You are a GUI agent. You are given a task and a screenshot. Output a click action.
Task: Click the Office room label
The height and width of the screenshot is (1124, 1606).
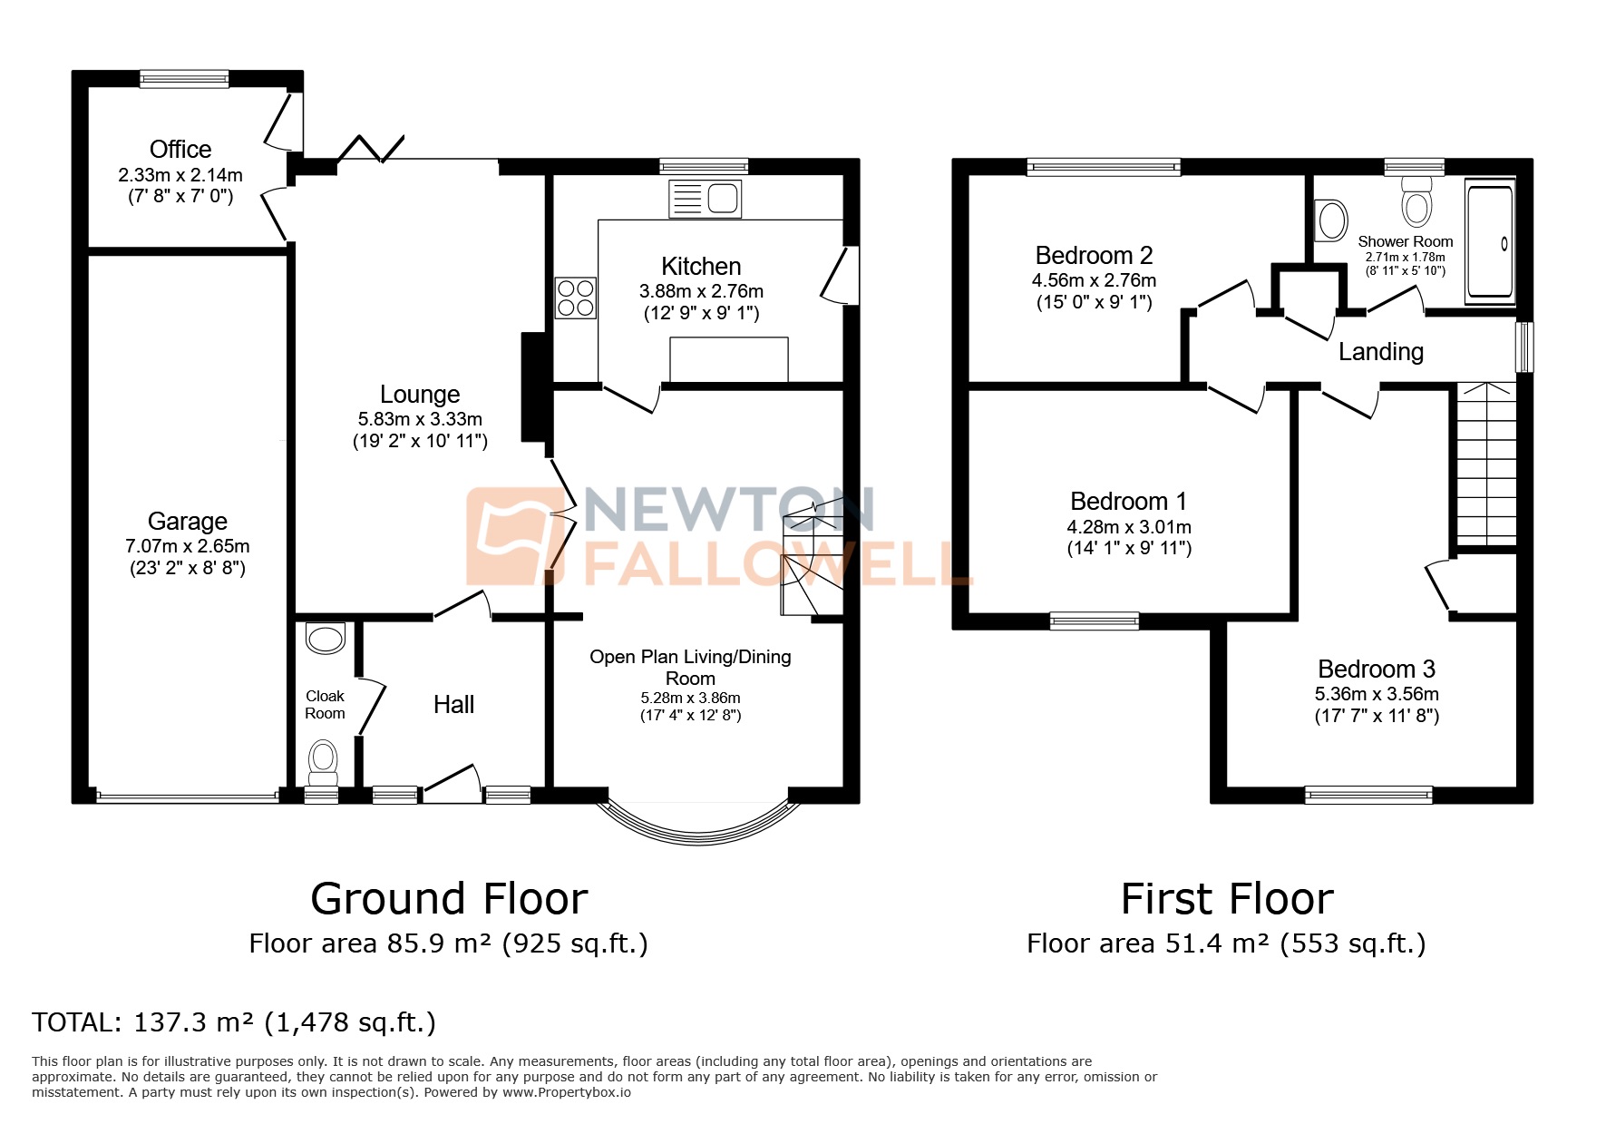pyautogui.click(x=180, y=150)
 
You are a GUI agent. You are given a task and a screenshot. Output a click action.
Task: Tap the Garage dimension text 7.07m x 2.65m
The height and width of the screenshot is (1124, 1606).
pyautogui.click(x=187, y=547)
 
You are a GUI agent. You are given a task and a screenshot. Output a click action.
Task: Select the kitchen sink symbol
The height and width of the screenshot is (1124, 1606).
pyautogui.click(x=705, y=199)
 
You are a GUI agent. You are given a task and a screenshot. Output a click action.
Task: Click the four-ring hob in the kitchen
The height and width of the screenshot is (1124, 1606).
pyautogui.click(x=576, y=298)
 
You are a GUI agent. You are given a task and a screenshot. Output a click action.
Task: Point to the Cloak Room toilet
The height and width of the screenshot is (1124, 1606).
pyautogui.click(x=324, y=763)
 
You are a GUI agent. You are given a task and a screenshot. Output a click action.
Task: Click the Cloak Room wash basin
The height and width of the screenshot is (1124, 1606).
pyautogui.click(x=326, y=638)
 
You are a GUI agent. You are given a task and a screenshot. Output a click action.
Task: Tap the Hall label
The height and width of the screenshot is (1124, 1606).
pyautogui.click(x=453, y=705)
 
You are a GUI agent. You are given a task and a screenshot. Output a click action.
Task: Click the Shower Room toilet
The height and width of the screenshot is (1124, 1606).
pyautogui.click(x=1416, y=201)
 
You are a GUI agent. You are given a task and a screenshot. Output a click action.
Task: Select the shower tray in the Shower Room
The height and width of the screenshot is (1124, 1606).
pyautogui.click(x=1490, y=242)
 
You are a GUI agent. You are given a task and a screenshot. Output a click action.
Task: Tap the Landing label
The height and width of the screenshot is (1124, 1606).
pyautogui.click(x=1380, y=352)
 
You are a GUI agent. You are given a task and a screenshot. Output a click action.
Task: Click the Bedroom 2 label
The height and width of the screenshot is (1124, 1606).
pyautogui.click(x=1094, y=256)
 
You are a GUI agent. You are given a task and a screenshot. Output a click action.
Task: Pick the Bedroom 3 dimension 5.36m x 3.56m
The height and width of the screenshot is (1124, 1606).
pyautogui.click(x=1376, y=694)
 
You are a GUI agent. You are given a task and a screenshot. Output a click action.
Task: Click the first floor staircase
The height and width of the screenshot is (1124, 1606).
pyautogui.click(x=1485, y=463)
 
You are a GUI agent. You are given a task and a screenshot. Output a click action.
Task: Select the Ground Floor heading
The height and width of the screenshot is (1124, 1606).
pyautogui.click(x=449, y=899)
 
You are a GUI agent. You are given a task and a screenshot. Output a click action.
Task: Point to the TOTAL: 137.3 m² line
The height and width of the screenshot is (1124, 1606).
pyautogui.click(x=234, y=1023)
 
